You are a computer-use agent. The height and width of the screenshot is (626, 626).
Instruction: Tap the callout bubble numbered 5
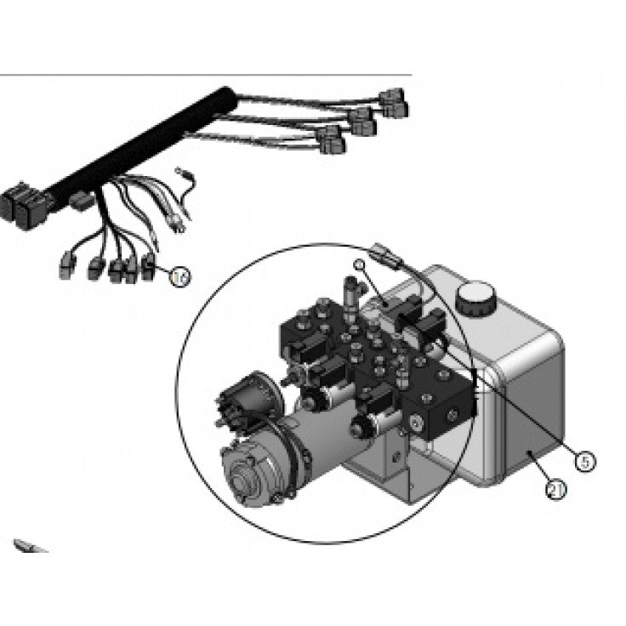[x=583, y=460]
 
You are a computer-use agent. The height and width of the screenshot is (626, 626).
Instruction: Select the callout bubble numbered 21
[x=555, y=489]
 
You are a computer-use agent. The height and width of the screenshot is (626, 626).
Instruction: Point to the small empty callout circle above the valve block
[x=360, y=265]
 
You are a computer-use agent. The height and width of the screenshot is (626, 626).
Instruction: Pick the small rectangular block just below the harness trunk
[x=81, y=202]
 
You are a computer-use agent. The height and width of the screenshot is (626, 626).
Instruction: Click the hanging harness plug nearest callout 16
[x=149, y=266]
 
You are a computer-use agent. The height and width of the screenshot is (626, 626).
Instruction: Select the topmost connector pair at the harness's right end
[x=394, y=104]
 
